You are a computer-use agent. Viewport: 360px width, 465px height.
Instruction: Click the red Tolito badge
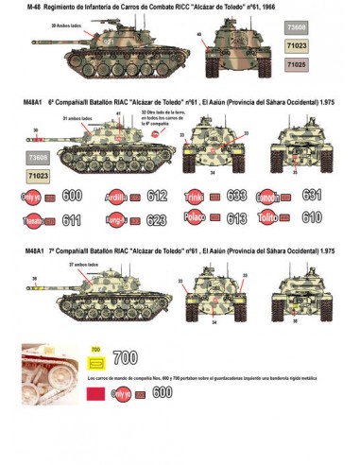point(270,217)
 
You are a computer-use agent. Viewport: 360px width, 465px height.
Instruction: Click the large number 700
point(125,360)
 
